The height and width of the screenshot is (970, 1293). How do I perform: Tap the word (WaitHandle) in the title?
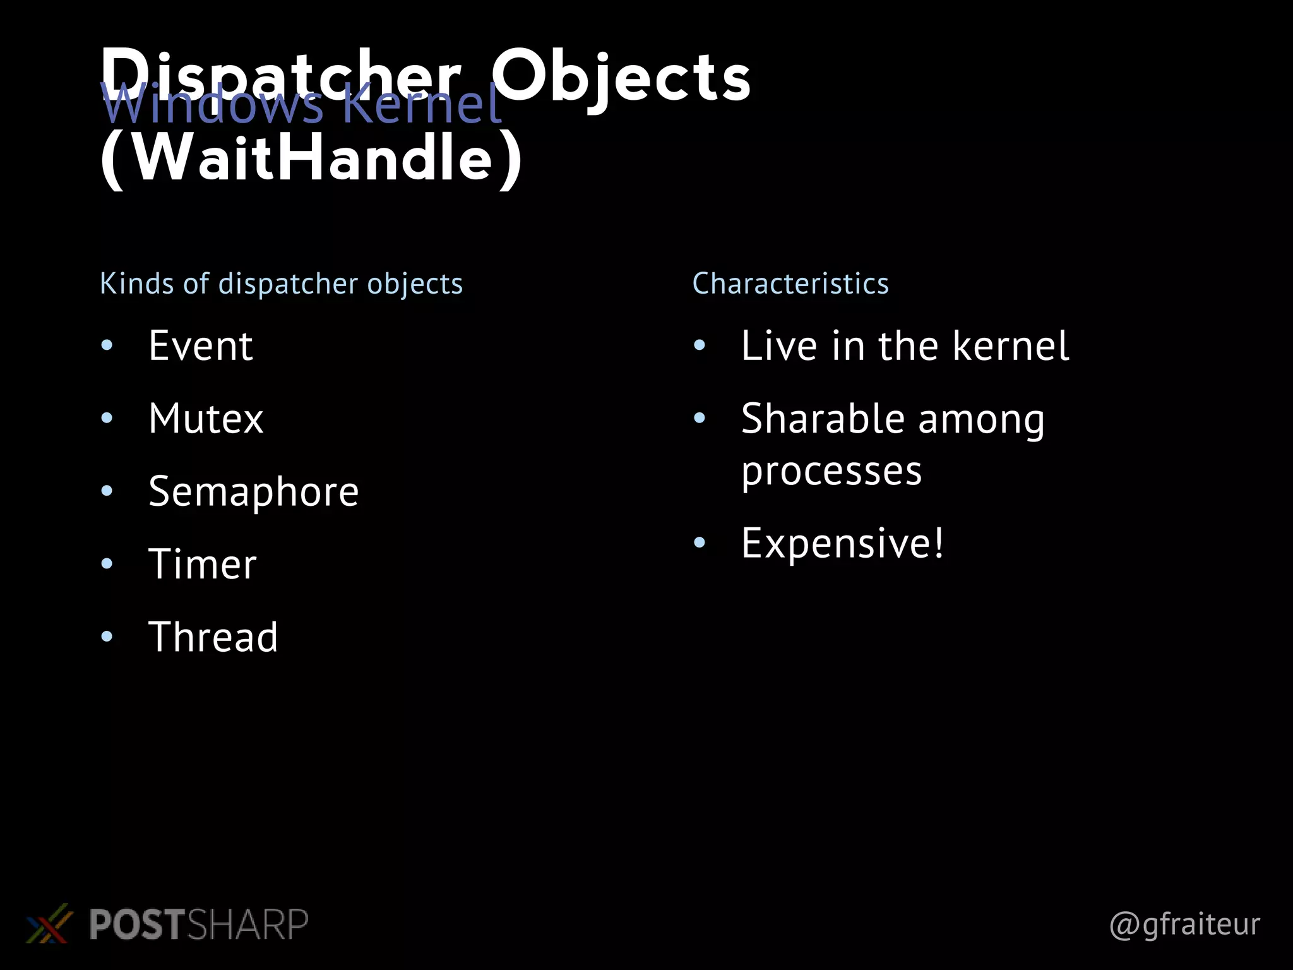click(311, 158)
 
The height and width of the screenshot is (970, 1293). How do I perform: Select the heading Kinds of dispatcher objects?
click(281, 284)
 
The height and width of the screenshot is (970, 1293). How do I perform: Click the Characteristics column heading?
click(790, 284)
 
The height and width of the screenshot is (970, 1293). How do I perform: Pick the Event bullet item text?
click(201, 346)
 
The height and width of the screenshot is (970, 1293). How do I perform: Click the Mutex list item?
click(206, 419)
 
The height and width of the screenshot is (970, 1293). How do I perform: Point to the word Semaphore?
click(253, 491)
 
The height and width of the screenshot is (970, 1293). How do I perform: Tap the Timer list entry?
click(203, 564)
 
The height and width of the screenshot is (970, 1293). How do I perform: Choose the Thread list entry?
click(213, 637)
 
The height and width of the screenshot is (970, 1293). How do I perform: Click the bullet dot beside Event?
click(107, 345)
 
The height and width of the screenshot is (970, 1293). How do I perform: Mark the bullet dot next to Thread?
click(107, 636)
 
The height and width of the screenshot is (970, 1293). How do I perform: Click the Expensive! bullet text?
click(842, 543)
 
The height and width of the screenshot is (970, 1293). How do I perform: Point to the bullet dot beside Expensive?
click(699, 542)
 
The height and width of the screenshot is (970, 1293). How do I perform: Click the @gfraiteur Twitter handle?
click(1184, 925)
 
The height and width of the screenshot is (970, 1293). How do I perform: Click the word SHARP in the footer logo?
click(247, 925)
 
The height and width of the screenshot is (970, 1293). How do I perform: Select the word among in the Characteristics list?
click(981, 419)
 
